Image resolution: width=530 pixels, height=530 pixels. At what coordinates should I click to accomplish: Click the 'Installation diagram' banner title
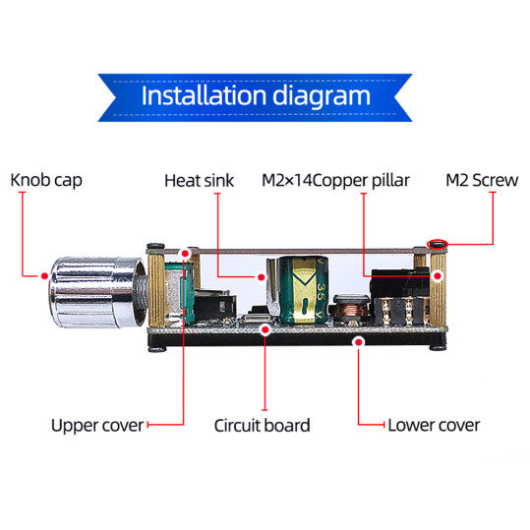pos(256,96)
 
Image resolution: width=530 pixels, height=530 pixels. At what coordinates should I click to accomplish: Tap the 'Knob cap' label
pos(46,180)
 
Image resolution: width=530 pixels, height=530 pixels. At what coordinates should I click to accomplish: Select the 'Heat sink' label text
pos(199,181)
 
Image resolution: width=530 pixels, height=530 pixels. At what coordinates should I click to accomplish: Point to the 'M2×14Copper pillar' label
pos(335,181)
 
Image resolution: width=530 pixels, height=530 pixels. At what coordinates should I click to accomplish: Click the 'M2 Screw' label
pos(482,180)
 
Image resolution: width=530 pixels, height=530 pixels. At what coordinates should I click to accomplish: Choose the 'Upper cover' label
pos(97,426)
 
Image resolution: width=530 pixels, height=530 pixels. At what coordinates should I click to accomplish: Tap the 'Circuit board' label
pos(262,425)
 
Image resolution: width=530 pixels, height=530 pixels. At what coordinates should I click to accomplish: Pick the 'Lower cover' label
pos(434,425)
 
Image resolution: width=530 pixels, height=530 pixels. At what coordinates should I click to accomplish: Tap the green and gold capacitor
pos(304,290)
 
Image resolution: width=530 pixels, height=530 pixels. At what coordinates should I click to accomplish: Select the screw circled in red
pos(438,245)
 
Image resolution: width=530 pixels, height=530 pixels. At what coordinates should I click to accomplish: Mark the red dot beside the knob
pos(44,275)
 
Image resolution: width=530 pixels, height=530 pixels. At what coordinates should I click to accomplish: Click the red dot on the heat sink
pos(261,277)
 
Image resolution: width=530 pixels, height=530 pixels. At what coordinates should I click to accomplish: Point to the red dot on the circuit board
pos(265,329)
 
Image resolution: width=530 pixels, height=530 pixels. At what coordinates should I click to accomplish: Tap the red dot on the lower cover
pos(358,342)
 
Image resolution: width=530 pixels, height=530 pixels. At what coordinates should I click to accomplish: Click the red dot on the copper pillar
pos(438,276)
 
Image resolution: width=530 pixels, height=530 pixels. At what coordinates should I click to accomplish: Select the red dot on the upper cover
pos(185,253)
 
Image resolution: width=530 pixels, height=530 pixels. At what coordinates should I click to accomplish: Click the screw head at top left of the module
pos(155,246)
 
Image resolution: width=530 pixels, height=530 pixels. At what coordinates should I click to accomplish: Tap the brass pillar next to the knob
pos(156,289)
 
